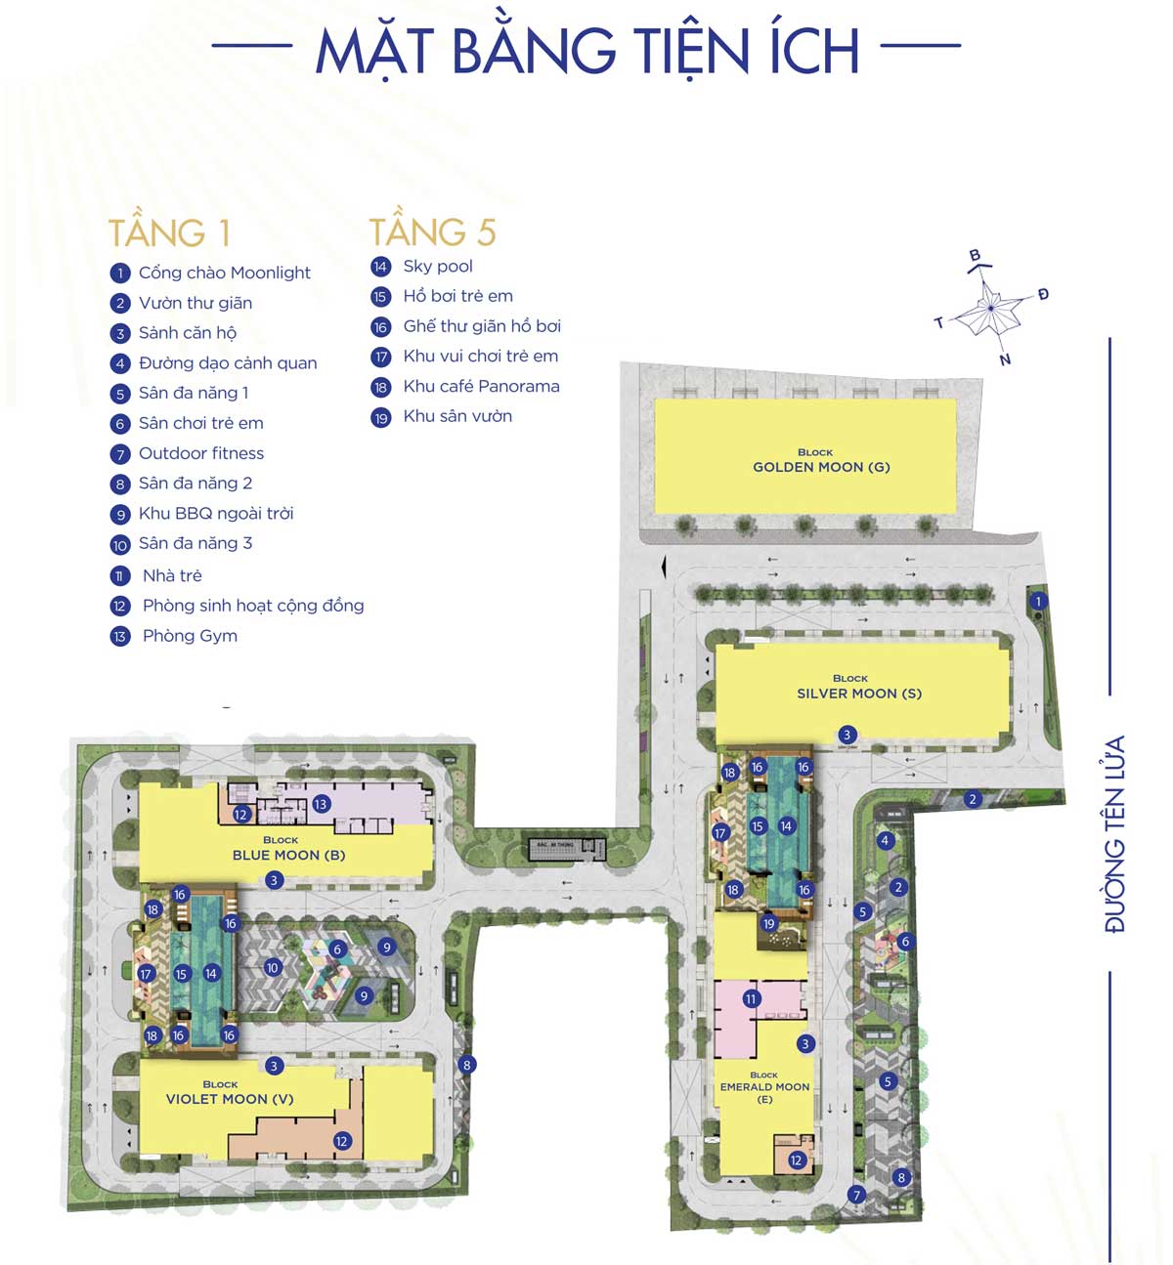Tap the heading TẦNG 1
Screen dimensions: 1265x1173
tap(169, 233)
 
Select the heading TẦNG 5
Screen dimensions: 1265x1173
tap(432, 232)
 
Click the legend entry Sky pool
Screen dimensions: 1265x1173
tap(438, 266)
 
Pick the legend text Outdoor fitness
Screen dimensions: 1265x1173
tap(201, 453)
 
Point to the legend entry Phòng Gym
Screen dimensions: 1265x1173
tap(190, 636)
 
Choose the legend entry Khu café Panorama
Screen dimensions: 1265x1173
tap(481, 386)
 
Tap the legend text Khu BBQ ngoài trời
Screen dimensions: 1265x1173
tap(216, 513)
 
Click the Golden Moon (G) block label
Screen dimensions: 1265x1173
tap(821, 461)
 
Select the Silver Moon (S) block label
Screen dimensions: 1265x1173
tap(859, 688)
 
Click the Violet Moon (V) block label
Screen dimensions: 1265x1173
tap(230, 1093)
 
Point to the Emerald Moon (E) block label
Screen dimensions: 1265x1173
tap(764, 1086)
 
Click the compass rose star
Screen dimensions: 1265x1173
tap(990, 309)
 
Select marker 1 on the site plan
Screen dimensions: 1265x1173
tap(1038, 602)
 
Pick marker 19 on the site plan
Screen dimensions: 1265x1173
tap(768, 924)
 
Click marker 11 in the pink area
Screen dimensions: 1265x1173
tap(751, 999)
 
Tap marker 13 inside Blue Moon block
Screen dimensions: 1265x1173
tap(321, 804)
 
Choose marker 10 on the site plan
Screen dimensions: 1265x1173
tap(272, 968)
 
